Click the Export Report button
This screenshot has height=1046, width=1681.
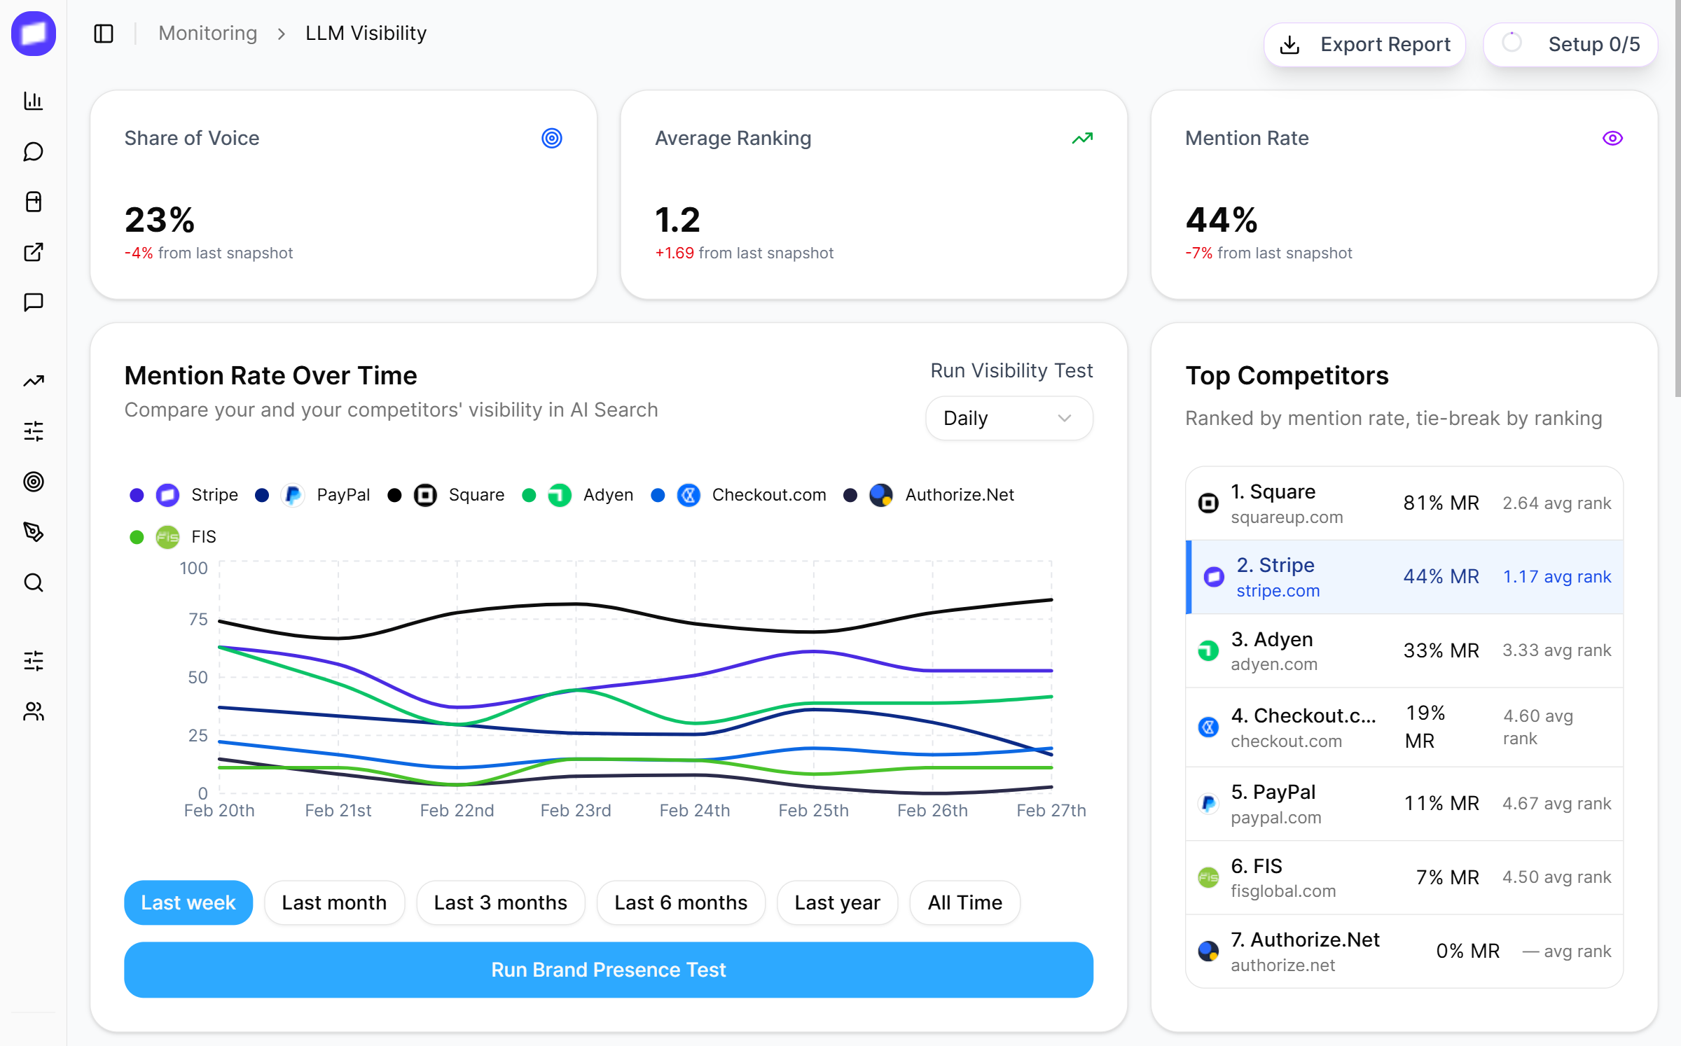pyautogui.click(x=1364, y=45)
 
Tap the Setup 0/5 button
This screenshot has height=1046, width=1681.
pyautogui.click(x=1570, y=45)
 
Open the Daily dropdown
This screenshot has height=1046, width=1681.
pyautogui.click(x=1008, y=419)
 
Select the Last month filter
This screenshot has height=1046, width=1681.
pyautogui.click(x=334, y=902)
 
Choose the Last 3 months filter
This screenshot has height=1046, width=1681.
pyautogui.click(x=500, y=902)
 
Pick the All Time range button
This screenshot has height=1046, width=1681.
pyautogui.click(x=964, y=902)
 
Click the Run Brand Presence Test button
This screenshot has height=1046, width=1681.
pyautogui.click(x=608, y=970)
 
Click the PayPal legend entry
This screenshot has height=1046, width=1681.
pyautogui.click(x=343, y=495)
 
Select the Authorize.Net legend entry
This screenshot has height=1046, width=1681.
pyautogui.click(x=959, y=495)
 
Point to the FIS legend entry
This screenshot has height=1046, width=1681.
pyautogui.click(x=203, y=537)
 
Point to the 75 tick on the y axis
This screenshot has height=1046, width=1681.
pyautogui.click(x=198, y=619)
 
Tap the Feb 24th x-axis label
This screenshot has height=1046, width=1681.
pyautogui.click(x=694, y=811)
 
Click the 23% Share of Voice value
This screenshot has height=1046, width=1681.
pyautogui.click(x=160, y=220)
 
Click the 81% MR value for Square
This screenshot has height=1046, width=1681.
pyautogui.click(x=1441, y=503)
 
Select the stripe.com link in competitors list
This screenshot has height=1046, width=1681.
pyautogui.click(x=1278, y=591)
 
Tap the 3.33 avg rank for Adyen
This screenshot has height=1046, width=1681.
pyautogui.click(x=1556, y=650)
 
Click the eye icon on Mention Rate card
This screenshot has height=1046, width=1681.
pyautogui.click(x=1612, y=139)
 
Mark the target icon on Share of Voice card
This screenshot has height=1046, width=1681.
pyautogui.click(x=552, y=139)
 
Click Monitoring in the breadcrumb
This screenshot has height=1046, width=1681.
pyautogui.click(x=208, y=34)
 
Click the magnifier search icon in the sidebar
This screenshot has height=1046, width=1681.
pyautogui.click(x=34, y=583)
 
